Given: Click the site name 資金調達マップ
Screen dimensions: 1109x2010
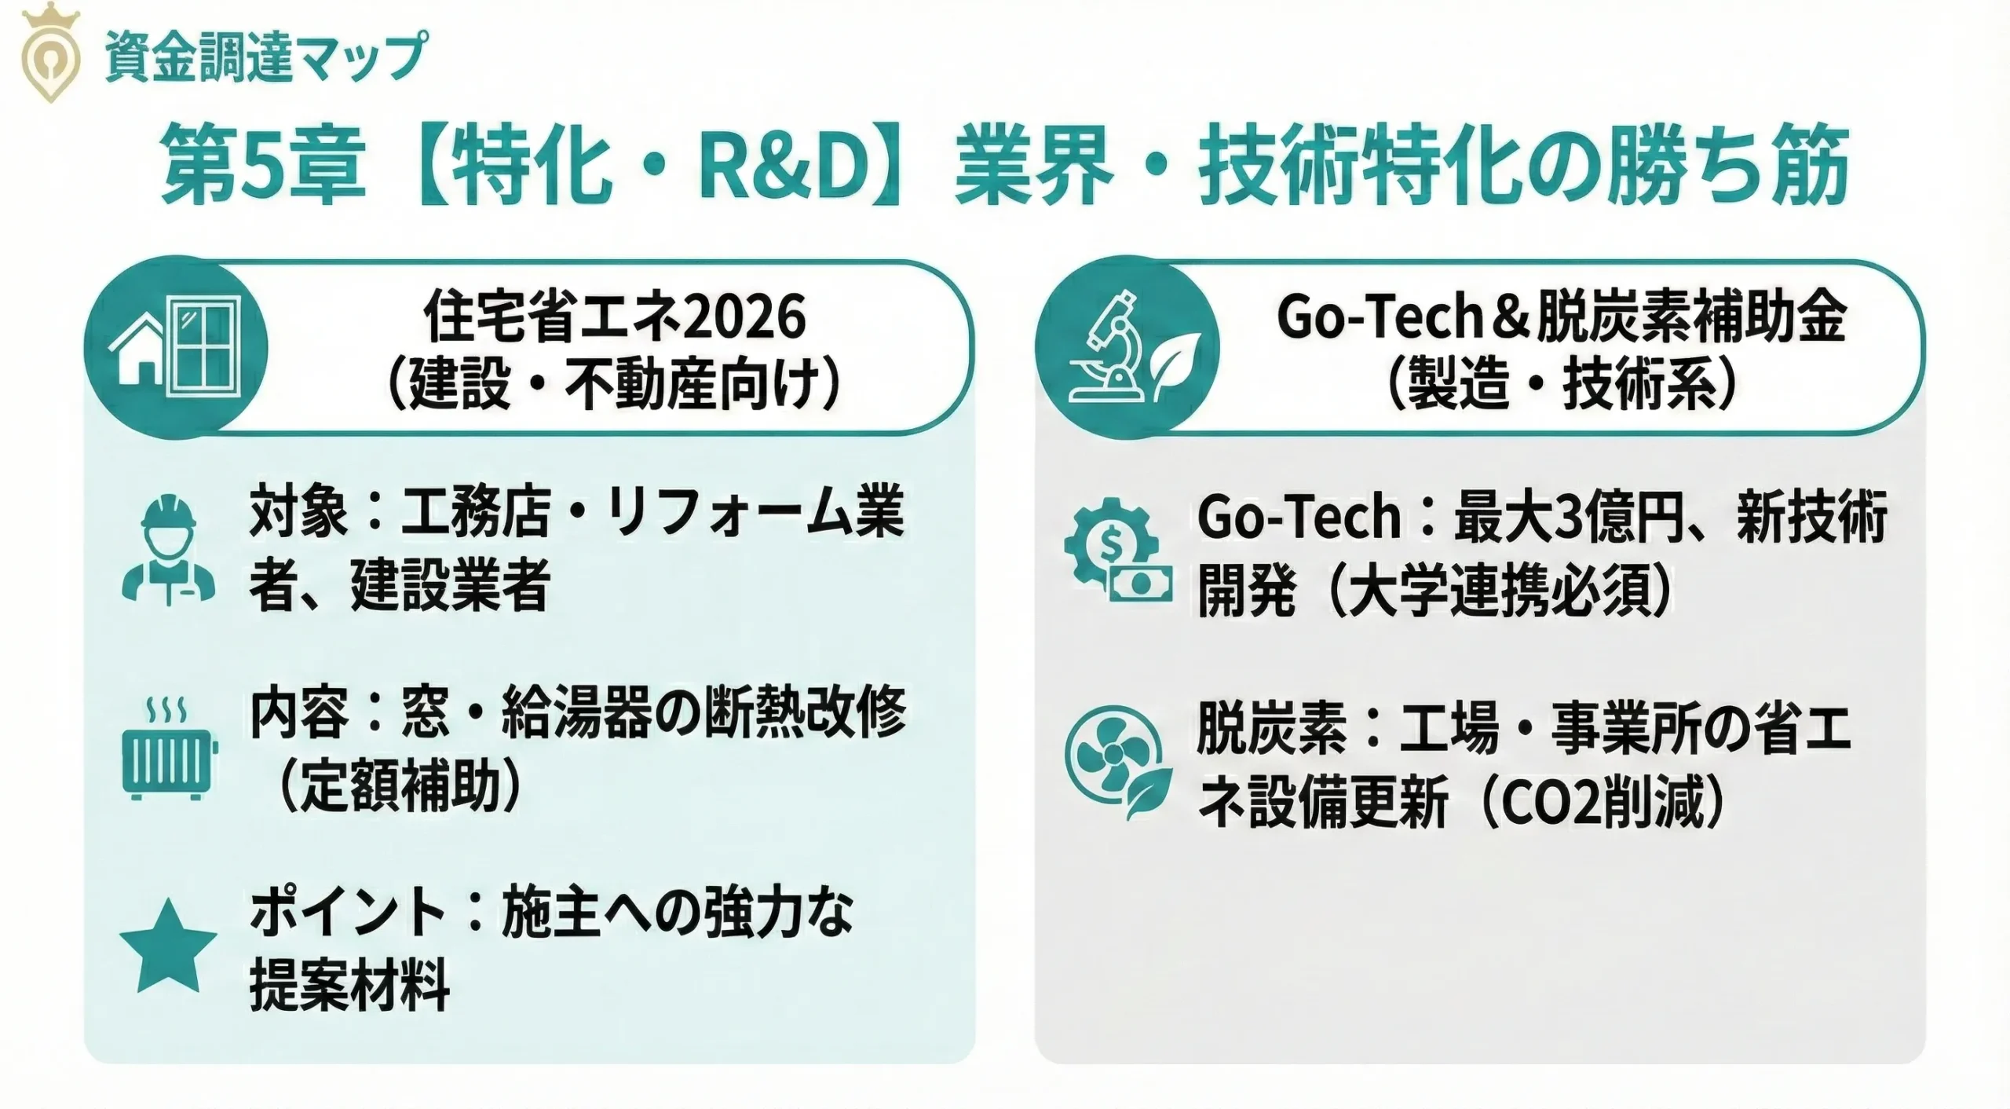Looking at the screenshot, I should coord(265,56).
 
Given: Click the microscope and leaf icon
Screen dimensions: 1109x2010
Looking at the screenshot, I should coord(1127,346).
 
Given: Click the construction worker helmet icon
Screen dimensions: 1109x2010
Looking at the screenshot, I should coord(169,551).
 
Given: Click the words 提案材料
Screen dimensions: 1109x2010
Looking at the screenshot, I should coord(349,985).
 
